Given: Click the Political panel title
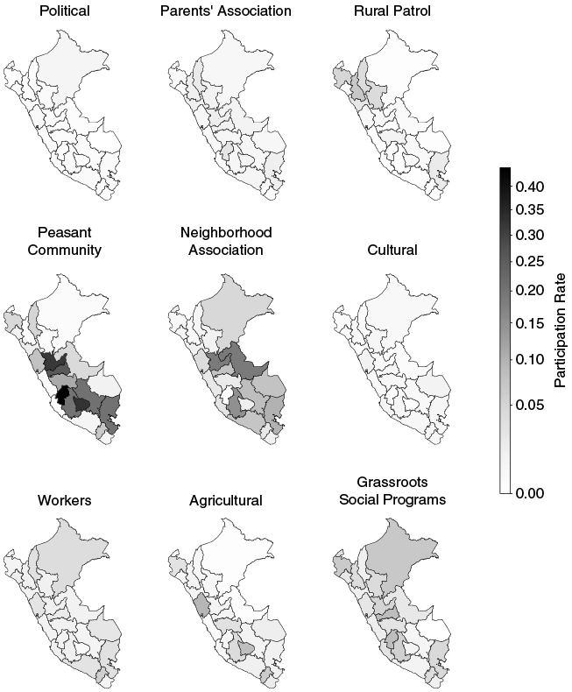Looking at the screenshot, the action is coord(65,11).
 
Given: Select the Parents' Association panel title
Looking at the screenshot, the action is coord(225,11).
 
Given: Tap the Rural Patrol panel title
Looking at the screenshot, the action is coord(392,11).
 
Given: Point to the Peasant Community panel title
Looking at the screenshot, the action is coord(65,241).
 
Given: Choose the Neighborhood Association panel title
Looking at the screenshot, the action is coord(226,241).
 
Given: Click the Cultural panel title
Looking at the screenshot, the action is coord(392,250).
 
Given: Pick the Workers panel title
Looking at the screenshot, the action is coord(65,500).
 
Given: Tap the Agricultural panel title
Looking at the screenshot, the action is coord(225,500).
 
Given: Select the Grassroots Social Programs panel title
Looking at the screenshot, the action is coord(392,491).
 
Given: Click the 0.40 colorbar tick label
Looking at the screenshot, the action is coord(530,187).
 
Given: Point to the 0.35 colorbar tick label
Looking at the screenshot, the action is coord(530,209).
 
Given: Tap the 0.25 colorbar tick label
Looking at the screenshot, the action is coord(530,261).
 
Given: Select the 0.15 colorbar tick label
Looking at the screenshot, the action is coord(530,323).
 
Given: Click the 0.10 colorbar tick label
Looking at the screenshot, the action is coord(530,359).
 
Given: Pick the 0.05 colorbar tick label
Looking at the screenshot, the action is coord(530,405).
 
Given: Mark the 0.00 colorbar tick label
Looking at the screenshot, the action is coord(530,492).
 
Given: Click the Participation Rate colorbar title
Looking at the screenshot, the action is coord(560,330).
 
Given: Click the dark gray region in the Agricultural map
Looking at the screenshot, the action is coord(201,604).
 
